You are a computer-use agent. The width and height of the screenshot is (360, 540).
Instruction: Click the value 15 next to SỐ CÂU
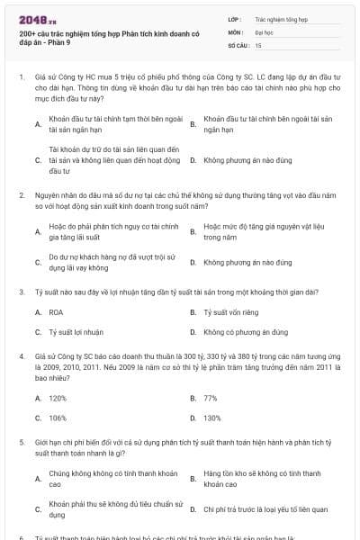pos(258,44)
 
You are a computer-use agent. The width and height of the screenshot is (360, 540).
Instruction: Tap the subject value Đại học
pos(264,31)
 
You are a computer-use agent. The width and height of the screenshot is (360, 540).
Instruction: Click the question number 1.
pos(21,77)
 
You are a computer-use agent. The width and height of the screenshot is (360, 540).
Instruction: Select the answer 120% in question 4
pos(58,397)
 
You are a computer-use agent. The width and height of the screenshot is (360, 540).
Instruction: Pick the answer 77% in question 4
pos(211,397)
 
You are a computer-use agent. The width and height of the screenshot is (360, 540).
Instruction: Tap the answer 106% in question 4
pos(58,418)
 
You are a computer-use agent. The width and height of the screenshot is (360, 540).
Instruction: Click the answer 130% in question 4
pos(212,418)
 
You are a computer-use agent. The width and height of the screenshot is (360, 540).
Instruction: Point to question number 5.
pos(21,444)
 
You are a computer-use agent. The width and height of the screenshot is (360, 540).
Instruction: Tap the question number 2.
pos(21,193)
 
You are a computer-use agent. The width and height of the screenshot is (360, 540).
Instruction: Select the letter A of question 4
pos(38,397)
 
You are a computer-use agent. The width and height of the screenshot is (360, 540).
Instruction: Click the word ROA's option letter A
pos(38,311)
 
